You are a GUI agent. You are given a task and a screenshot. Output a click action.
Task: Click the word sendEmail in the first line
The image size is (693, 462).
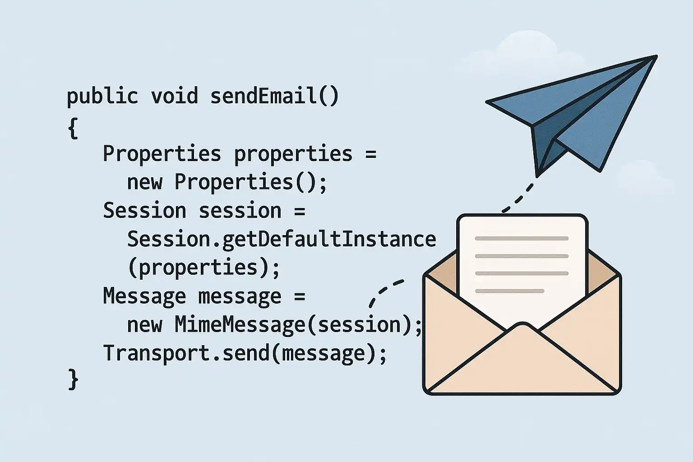click(x=263, y=96)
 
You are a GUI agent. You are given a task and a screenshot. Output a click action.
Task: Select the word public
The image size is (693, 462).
click(x=102, y=97)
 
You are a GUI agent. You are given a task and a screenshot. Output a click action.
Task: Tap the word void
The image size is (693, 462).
click(x=175, y=96)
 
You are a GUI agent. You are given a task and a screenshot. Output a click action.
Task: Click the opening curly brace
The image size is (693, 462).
click(x=73, y=128)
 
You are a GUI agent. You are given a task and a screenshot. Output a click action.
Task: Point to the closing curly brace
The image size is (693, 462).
click(x=73, y=379)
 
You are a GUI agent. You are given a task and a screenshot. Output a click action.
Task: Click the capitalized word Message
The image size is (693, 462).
click(x=144, y=296)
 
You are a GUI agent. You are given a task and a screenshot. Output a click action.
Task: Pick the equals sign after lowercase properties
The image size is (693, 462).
click(x=371, y=154)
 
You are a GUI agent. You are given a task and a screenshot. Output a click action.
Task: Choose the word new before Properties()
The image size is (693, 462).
click(x=144, y=182)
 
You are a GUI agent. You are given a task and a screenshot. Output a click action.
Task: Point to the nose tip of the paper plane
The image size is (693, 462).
click(x=656, y=56)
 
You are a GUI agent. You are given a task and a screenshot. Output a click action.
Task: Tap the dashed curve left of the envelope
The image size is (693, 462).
click(x=383, y=291)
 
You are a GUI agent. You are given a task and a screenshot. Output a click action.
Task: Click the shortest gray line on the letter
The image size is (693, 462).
click(x=509, y=291)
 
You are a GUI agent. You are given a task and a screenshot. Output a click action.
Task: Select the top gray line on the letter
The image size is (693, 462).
click(x=522, y=238)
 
